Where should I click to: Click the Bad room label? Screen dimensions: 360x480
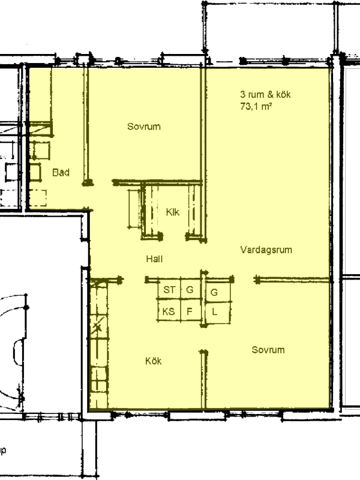point(61,172)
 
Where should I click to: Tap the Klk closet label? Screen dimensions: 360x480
point(173,212)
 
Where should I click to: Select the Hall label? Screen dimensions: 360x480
point(154,259)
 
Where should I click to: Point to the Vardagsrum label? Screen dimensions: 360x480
point(266,250)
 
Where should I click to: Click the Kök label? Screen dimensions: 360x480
point(154,361)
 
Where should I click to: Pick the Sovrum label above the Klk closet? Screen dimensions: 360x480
point(144,127)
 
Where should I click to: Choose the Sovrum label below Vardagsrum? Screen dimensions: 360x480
point(268,350)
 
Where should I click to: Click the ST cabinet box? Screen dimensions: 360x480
point(169,289)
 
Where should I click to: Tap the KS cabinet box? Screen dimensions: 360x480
point(169,311)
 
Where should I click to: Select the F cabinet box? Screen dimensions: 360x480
point(190,311)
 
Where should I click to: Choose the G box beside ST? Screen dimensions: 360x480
point(190,289)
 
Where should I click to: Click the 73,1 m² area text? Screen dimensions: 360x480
point(256,107)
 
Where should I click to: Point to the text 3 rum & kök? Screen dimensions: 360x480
point(265,94)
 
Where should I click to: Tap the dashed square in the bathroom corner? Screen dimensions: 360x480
point(38,198)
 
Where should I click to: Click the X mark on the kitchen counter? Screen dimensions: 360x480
point(98,327)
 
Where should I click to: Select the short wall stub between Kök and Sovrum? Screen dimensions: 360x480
point(203,379)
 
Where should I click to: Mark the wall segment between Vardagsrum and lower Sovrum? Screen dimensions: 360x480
point(293,279)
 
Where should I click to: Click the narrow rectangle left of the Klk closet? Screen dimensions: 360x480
point(134,208)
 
